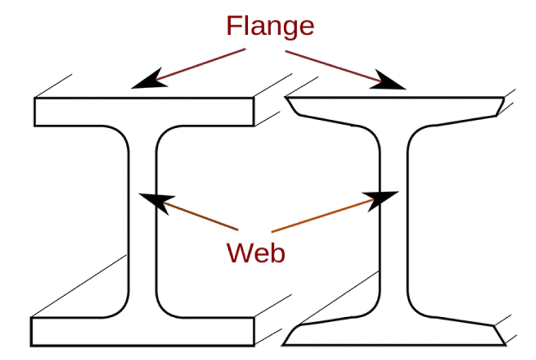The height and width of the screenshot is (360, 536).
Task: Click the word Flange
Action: pyautogui.click(x=270, y=26)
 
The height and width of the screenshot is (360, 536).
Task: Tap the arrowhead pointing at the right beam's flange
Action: pyautogui.click(x=388, y=81)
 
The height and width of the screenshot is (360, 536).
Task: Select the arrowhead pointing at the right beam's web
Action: pyautogui.click(x=381, y=200)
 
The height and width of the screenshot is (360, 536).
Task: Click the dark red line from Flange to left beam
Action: pyautogui.click(x=200, y=65)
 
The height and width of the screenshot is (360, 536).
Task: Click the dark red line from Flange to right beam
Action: pyautogui.click(x=333, y=66)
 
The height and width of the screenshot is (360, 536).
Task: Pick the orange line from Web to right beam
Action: pyautogui.click(x=322, y=216)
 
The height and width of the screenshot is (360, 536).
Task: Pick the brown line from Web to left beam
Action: pyautogui.click(x=201, y=216)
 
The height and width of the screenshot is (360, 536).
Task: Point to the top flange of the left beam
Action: pyautogui.click(x=144, y=111)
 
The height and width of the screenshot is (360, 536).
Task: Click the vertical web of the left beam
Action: pyautogui.click(x=143, y=222)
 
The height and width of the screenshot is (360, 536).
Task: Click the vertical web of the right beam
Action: pyautogui.click(x=393, y=222)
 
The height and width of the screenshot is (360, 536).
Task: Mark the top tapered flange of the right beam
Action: pyautogui.click(x=395, y=109)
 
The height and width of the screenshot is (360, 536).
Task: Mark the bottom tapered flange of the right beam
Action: pyautogui.click(x=394, y=332)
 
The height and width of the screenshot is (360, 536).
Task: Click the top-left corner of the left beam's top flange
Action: pyautogui.click(x=34, y=98)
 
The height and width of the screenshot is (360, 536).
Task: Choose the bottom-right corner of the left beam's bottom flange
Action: pyautogui.click(x=255, y=346)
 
